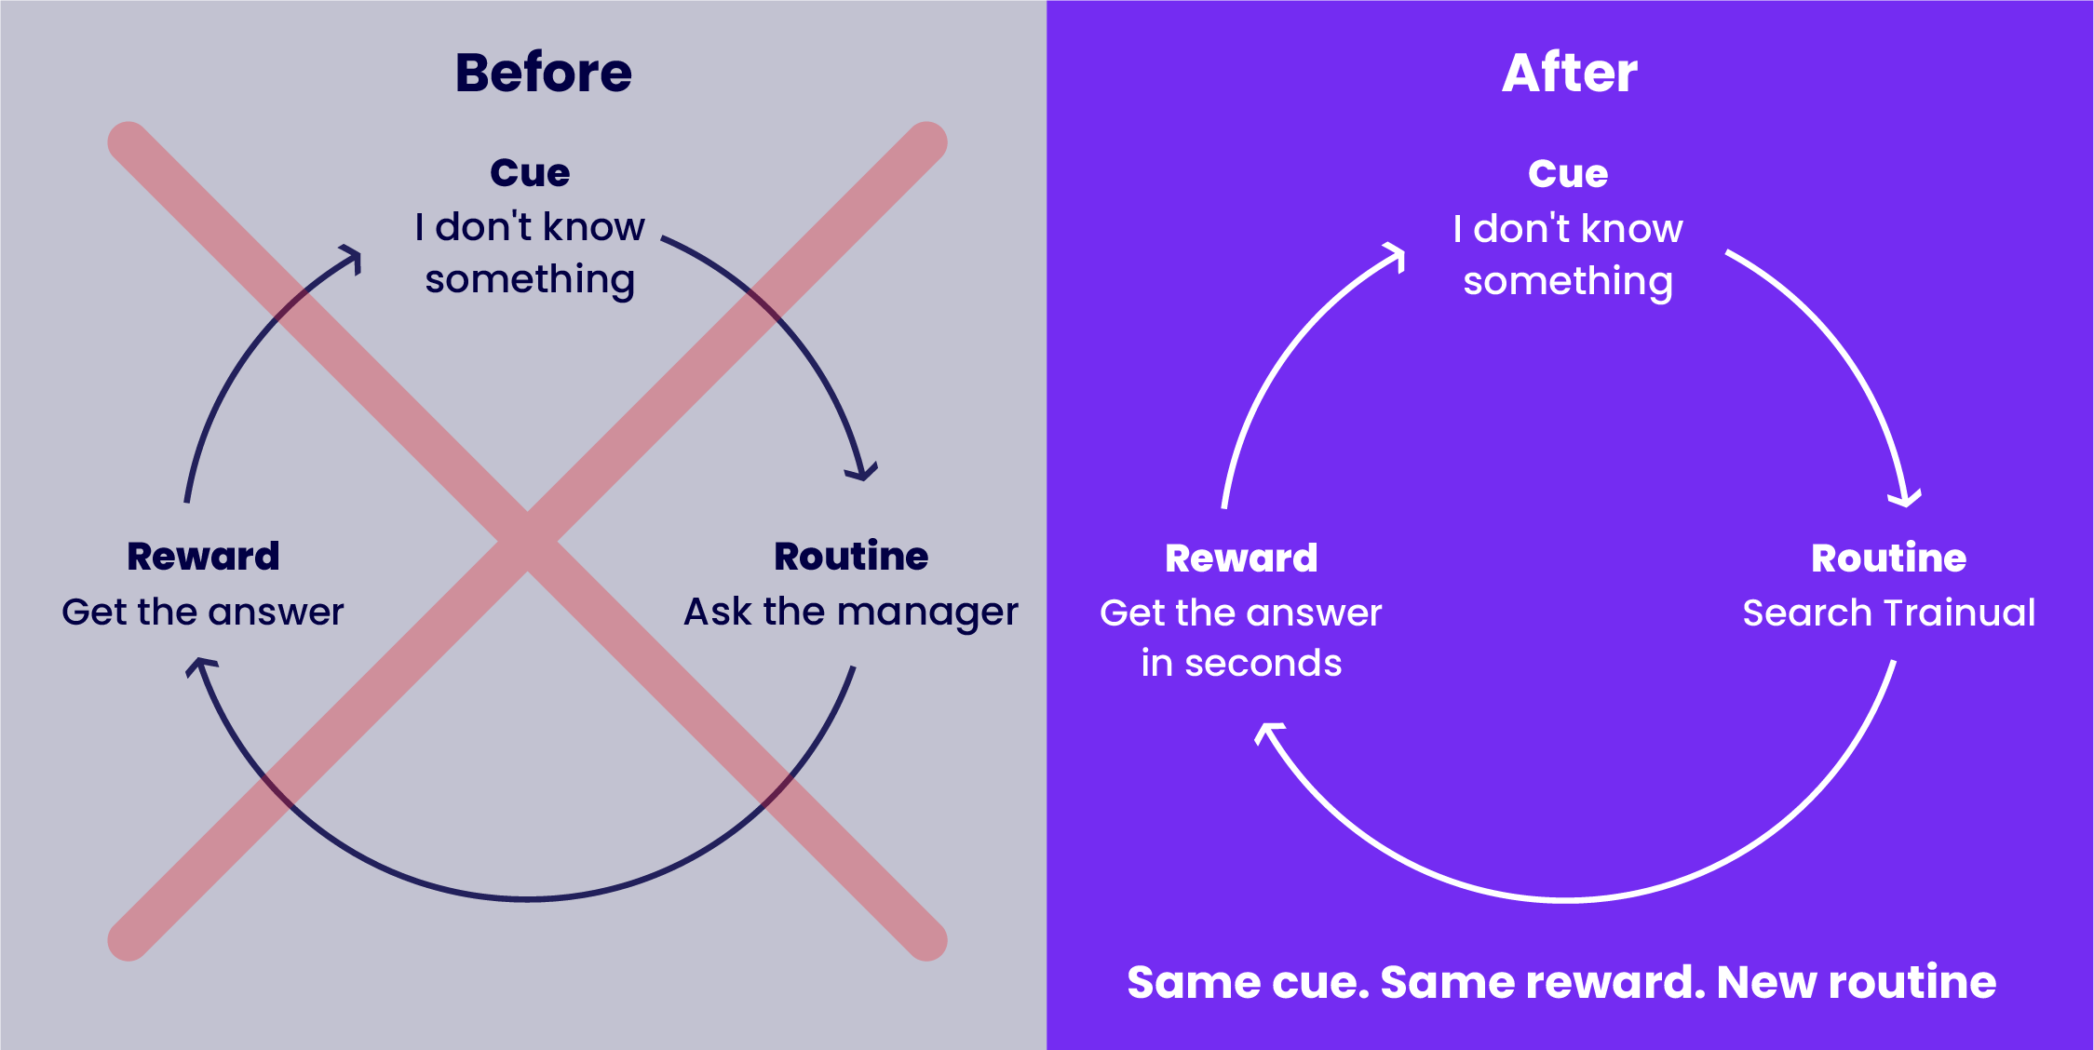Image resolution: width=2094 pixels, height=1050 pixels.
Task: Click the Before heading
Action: tap(544, 73)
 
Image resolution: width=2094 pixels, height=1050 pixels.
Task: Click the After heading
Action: tap(1570, 73)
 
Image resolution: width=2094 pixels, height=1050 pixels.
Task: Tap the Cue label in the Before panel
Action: tap(530, 172)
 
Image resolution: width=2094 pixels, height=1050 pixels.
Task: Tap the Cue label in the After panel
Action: tap(1568, 173)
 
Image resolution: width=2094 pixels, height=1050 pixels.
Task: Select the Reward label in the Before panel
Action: tap(203, 557)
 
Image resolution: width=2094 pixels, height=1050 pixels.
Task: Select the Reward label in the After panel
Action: tap(1241, 559)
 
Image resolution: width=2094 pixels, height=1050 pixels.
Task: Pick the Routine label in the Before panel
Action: tap(851, 557)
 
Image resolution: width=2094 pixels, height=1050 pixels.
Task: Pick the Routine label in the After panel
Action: tap(1888, 559)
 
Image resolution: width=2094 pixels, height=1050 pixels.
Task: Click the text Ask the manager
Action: tap(851, 612)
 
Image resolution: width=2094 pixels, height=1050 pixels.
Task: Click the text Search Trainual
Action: tap(1888, 613)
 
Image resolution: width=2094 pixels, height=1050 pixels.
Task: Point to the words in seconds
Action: tap(1241, 664)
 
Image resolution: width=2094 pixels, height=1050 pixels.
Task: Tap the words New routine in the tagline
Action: tap(1856, 982)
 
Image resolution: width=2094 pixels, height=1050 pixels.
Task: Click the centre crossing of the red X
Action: tap(527, 541)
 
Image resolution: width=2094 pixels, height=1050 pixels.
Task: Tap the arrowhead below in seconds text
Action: tap(1268, 732)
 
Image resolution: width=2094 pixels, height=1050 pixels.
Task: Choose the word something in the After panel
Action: tap(1568, 282)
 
